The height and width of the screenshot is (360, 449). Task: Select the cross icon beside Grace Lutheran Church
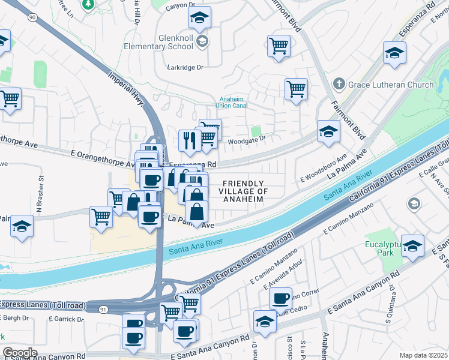[x=339, y=84]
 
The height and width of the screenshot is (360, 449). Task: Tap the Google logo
[x=20, y=352]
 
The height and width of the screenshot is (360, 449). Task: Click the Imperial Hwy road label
[x=127, y=91]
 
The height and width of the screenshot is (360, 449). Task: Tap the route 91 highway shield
[x=103, y=309]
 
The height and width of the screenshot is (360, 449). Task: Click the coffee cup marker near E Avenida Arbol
[x=280, y=298]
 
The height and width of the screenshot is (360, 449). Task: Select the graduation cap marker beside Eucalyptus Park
[x=412, y=246]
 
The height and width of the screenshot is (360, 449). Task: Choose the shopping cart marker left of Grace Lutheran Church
[x=297, y=89]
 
